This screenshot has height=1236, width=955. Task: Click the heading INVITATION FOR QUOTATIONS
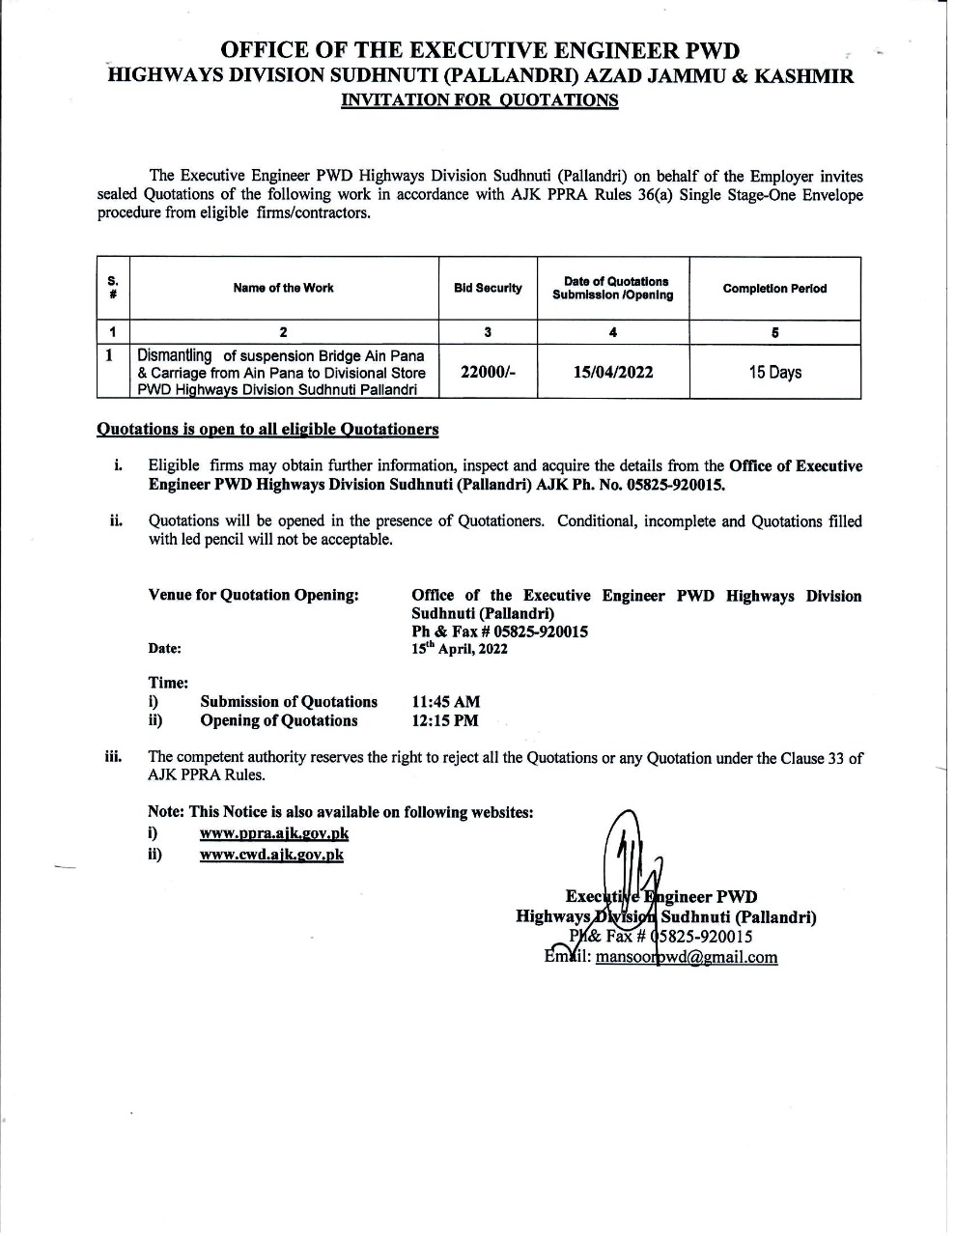480,100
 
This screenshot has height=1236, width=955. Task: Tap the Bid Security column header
488,288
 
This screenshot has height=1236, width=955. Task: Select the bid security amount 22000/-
488,372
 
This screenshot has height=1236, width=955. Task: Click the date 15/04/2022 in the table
613,372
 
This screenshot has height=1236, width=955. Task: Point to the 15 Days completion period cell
774,372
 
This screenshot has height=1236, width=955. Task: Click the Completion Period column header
774,289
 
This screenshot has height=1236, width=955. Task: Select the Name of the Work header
284,288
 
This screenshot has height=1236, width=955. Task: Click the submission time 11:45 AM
445,702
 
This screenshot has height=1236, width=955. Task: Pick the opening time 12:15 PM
444,720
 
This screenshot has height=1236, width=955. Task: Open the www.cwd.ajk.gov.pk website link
271,855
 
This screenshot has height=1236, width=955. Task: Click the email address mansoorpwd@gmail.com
687,957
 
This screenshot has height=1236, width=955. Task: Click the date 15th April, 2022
460,649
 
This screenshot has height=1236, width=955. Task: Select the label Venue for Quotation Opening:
254,595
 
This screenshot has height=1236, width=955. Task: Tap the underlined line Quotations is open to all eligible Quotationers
268,429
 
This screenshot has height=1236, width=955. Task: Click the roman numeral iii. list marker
113,756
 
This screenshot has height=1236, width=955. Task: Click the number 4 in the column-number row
613,332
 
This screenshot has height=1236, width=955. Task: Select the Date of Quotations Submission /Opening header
613,288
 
